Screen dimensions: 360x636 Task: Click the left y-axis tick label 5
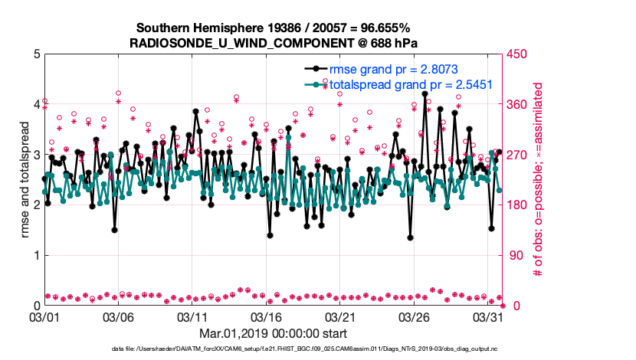[x=35, y=54]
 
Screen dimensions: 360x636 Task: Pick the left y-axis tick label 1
[x=35, y=256]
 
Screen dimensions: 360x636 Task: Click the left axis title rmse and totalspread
[x=25, y=180]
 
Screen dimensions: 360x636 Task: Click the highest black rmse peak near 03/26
[x=425, y=93]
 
